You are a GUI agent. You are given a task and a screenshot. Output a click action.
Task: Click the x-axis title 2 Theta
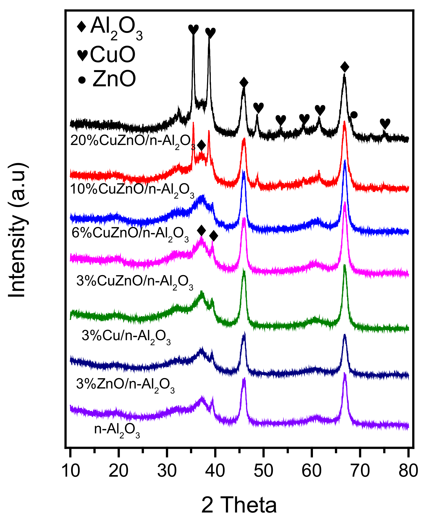(239, 505)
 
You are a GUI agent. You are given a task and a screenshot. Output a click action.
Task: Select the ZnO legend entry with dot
(107, 79)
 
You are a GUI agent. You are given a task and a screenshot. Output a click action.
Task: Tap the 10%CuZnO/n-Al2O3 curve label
(132, 190)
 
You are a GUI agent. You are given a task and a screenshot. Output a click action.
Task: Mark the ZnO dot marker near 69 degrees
(354, 115)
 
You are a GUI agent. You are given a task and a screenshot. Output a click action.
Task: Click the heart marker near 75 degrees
(385, 123)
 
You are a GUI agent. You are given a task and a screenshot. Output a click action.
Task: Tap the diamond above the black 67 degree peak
(345, 67)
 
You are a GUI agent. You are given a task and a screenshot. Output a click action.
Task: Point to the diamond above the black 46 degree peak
(244, 83)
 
